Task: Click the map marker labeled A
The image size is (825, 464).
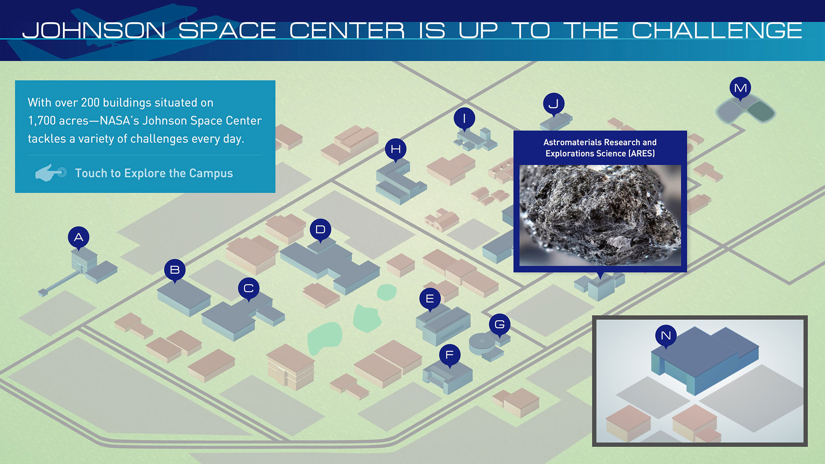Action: click(x=78, y=238)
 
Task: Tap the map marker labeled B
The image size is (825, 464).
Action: click(x=175, y=270)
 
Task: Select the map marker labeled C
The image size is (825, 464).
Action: click(x=249, y=288)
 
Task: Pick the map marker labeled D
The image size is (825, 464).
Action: click(x=320, y=230)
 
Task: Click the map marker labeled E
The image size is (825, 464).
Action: click(x=430, y=299)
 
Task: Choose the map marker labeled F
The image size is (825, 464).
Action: click(x=450, y=355)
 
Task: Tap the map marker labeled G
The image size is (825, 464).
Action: click(x=499, y=325)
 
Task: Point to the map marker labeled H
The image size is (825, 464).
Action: click(x=396, y=149)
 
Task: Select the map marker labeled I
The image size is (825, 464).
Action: click(x=464, y=118)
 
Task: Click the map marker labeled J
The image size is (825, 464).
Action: click(x=554, y=104)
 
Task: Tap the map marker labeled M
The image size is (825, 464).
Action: click(x=740, y=88)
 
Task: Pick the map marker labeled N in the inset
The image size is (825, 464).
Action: click(x=666, y=336)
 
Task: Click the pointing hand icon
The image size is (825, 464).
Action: click(x=51, y=173)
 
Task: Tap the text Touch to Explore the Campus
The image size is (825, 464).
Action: click(x=154, y=173)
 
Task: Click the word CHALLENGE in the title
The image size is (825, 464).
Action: click(x=717, y=30)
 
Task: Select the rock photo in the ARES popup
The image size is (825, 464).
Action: click(x=600, y=215)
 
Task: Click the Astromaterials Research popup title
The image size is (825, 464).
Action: click(x=600, y=148)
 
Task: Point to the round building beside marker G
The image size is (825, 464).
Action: click(x=482, y=343)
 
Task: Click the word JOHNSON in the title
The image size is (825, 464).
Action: click(x=94, y=31)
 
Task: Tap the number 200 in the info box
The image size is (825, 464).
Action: click(x=90, y=103)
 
